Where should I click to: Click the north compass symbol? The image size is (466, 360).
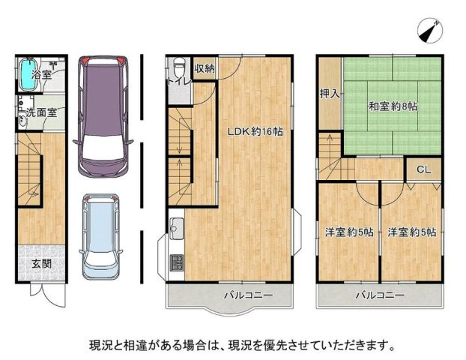tap(430, 31)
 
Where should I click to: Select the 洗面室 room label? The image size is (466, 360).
tap(41, 113)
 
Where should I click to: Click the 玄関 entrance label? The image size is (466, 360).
tap(42, 263)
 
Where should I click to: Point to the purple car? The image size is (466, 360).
tap(103, 117)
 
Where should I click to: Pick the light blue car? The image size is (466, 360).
tap(100, 236)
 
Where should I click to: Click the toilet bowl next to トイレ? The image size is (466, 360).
tap(179, 67)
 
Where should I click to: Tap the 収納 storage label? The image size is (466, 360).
tap(205, 69)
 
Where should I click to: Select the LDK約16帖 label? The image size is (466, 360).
tap(255, 131)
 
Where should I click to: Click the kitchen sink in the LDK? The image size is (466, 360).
tap(177, 229)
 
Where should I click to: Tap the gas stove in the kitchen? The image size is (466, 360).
tap(177, 263)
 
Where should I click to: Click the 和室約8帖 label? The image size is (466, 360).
tap(393, 106)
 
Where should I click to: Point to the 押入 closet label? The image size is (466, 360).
tap(330, 94)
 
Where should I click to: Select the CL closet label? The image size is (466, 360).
tap(423, 169)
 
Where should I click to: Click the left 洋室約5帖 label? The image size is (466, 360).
tap(349, 232)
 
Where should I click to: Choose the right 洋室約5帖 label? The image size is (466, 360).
tap(411, 232)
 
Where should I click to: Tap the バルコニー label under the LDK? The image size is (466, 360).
tap(248, 295)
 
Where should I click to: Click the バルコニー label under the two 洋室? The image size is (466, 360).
tap(380, 295)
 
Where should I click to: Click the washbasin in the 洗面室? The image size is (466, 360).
tap(22, 121)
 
